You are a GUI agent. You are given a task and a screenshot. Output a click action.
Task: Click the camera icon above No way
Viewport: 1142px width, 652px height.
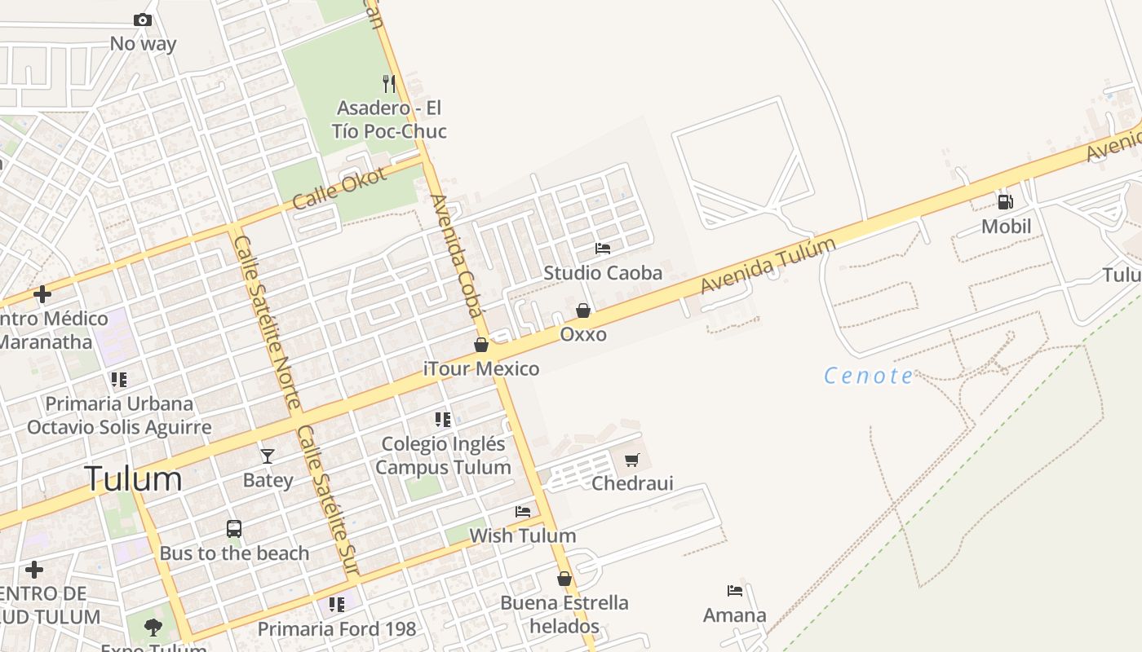142,20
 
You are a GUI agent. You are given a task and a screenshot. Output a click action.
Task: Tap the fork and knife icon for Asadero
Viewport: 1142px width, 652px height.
389,83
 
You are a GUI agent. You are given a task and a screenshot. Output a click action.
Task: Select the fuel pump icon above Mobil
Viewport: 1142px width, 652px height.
1005,201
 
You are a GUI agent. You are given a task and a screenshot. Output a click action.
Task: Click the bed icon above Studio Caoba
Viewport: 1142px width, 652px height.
603,249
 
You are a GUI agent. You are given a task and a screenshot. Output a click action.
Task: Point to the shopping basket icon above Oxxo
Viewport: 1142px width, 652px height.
583,311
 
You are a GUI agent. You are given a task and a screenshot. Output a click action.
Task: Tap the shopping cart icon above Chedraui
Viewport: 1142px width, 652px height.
631,460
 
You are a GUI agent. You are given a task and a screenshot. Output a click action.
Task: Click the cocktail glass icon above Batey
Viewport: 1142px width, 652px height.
268,456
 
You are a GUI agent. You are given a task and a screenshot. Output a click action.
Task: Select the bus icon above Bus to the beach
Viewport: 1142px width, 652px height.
234,529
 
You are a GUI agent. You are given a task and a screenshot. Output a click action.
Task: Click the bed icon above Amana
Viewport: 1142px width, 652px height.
735,591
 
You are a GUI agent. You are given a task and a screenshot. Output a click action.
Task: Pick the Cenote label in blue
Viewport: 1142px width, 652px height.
869,376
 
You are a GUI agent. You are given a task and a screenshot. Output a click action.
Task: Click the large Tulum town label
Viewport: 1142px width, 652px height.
133,479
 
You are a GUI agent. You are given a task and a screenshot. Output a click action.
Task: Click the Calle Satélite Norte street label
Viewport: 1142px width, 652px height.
268,322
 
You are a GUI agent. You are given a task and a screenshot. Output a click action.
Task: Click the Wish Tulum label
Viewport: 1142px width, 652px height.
522,535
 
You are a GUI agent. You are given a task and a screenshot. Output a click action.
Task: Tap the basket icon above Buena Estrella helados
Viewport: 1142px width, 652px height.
564,579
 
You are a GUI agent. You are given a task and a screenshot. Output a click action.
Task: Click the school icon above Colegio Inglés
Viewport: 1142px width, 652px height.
443,420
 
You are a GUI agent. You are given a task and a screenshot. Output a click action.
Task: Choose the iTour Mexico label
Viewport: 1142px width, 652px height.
481,369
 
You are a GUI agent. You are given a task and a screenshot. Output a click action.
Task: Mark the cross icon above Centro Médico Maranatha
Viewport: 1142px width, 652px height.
42,294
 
